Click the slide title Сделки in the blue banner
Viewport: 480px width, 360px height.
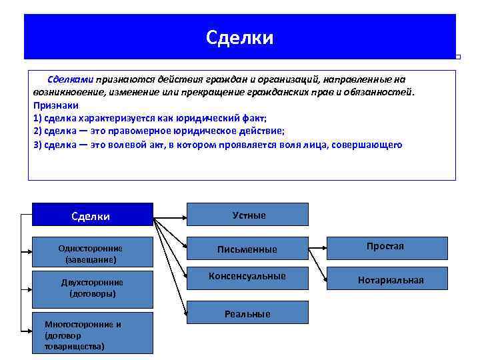click(239, 37)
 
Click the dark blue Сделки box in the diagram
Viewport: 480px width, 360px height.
click(93, 215)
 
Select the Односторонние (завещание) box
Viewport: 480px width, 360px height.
click(93, 253)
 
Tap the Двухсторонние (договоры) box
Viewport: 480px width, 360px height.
click(93, 287)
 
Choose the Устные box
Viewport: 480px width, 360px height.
click(247, 215)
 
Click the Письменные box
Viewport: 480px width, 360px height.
click(247, 249)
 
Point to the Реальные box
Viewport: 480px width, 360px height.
click(247, 313)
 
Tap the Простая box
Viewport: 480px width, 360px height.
click(386, 247)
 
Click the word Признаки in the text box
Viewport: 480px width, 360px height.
click(55, 105)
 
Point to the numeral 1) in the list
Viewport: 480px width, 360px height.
click(37, 117)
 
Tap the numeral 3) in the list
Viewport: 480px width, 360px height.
click(37, 144)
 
